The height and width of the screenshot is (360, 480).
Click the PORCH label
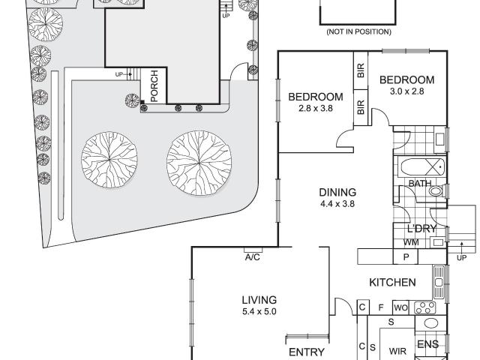154,86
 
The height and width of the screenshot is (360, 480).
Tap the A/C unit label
253,257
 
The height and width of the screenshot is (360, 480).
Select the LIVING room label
259,300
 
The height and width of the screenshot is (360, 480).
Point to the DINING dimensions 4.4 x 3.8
337,203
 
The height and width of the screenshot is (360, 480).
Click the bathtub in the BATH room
422,166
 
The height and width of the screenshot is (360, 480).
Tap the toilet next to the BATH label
436,191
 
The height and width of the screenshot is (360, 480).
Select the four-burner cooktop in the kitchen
425,307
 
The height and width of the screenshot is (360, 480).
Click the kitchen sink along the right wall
438,282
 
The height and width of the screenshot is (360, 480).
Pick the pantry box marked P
406,256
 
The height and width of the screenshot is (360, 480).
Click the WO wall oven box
400,307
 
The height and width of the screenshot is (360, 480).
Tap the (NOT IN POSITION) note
358,31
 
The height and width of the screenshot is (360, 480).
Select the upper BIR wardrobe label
361,70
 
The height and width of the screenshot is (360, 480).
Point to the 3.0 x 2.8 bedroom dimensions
406,91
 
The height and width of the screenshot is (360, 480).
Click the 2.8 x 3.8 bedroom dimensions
315,108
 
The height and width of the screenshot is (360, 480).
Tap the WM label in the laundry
411,242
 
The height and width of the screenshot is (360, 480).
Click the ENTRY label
307,352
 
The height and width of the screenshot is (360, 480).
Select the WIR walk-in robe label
397,351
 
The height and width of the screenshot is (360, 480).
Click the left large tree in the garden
109,160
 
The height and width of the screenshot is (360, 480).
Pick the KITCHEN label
392,282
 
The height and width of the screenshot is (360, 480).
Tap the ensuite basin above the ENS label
431,323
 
